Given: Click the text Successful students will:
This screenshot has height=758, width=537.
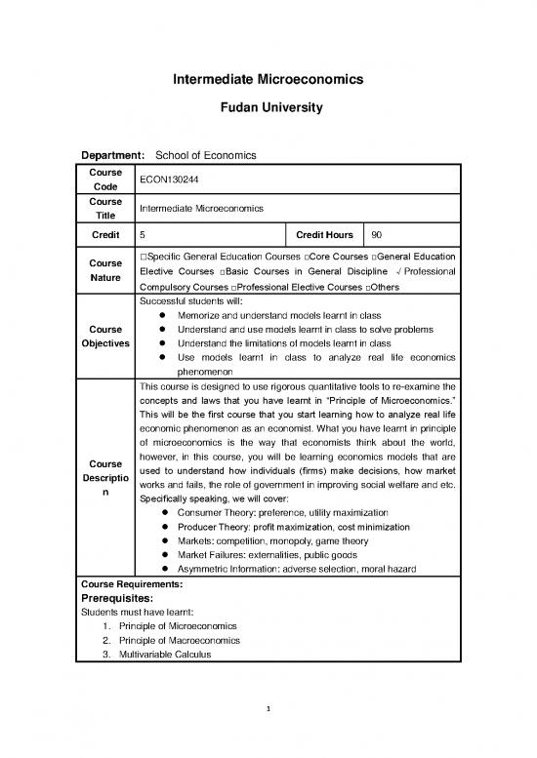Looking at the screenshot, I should (x=195, y=302).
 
